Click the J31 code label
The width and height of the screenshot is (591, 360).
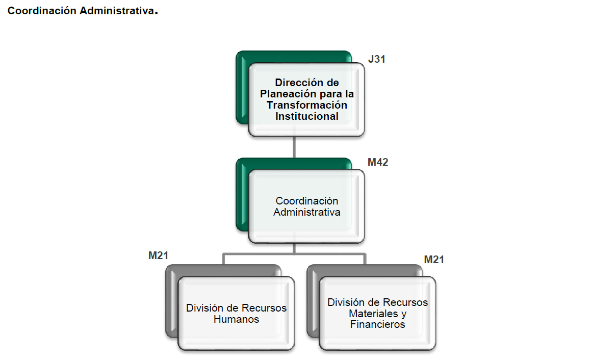[376, 59]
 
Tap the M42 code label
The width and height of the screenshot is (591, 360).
[378, 163]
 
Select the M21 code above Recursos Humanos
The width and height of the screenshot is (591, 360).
[158, 255]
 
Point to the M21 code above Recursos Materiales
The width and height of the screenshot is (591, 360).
[434, 260]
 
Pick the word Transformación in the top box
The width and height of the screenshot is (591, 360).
[306, 105]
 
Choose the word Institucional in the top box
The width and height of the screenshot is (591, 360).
[306, 116]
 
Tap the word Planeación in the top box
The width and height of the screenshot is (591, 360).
[282, 94]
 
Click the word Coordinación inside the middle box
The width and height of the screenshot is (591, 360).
[306, 201]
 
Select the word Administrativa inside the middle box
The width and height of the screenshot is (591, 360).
[306, 212]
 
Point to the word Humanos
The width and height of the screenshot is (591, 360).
[236, 320]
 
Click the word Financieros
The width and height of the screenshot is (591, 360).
[377, 324]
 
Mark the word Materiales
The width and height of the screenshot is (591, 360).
[371, 313]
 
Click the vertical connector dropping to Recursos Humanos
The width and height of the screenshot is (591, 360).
[224, 259]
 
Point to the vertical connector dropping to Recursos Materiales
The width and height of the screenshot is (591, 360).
[365, 259]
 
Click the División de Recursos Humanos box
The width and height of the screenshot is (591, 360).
[236, 314]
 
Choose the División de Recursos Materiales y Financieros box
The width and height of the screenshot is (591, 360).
[377, 313]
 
